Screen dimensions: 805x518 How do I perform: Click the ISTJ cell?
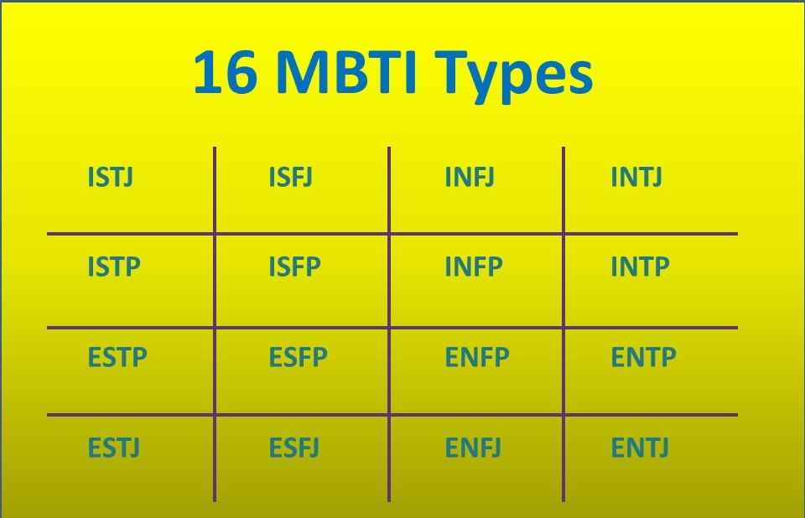point(111,177)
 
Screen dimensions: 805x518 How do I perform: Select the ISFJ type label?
point(291,177)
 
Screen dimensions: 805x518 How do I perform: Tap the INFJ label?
point(470,177)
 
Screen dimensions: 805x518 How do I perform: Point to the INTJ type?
point(636,177)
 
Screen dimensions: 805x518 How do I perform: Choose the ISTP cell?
point(114,267)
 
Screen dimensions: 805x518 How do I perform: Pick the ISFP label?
point(294,267)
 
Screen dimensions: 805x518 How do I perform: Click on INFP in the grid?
point(473,267)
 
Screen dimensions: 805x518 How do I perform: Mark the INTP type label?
point(640,267)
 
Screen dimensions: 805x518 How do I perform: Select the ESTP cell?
point(117,357)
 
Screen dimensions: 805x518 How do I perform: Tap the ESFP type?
point(299,357)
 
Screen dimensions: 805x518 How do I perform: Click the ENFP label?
point(477,357)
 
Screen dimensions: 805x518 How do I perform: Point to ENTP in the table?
point(644,357)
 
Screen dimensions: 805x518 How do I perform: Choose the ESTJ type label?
point(114,448)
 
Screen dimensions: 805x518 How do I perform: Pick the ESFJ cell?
point(294,448)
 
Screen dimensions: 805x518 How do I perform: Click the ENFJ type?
point(473,448)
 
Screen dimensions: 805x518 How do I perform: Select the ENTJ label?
point(640,448)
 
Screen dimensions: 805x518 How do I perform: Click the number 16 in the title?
point(225,72)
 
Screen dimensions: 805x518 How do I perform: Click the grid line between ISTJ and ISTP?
point(131,234)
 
